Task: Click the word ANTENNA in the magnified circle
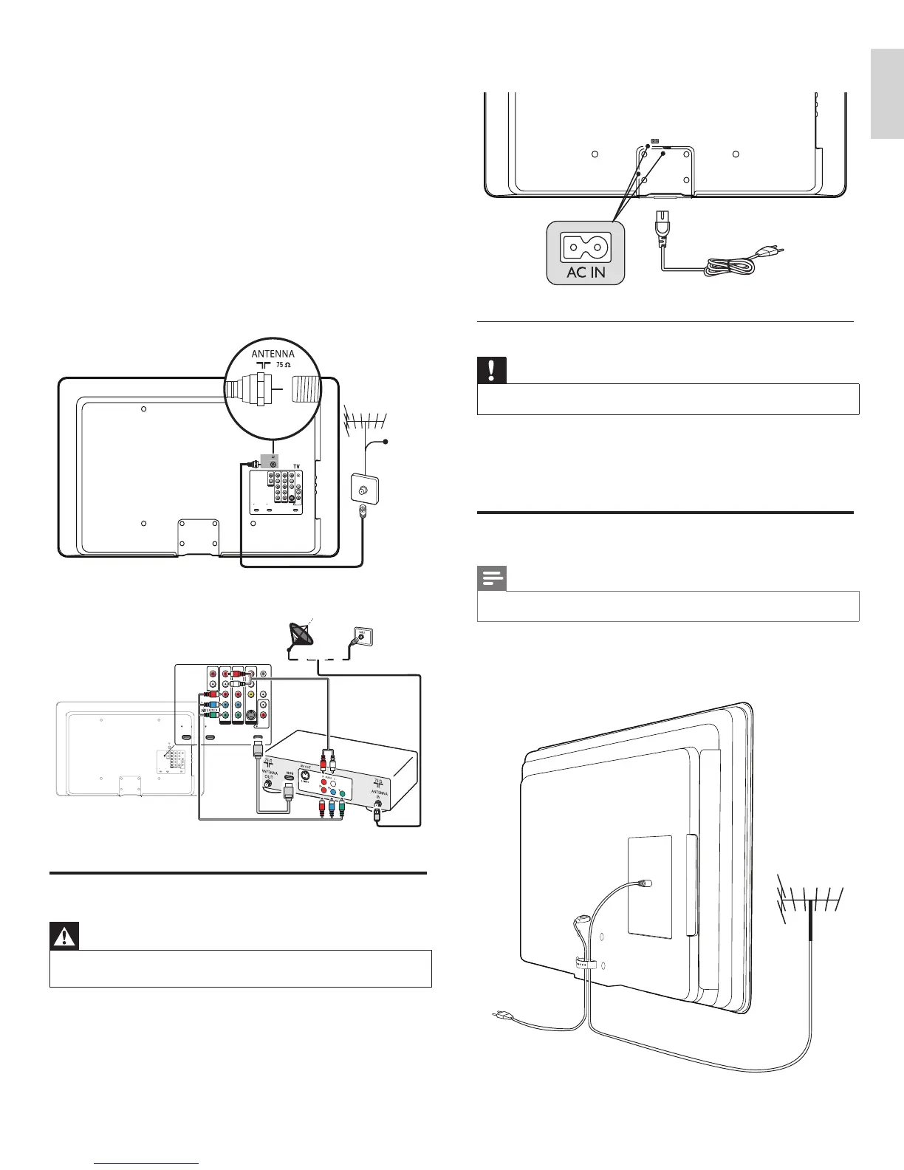(x=273, y=354)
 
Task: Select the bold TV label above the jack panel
(x=296, y=467)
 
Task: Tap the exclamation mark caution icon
(x=490, y=369)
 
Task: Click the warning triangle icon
(x=64, y=937)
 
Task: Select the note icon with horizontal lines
(x=491, y=578)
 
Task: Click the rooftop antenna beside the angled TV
(x=810, y=900)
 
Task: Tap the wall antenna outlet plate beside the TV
(x=363, y=488)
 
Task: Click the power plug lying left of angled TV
(x=499, y=1017)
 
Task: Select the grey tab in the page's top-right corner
(x=886, y=94)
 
